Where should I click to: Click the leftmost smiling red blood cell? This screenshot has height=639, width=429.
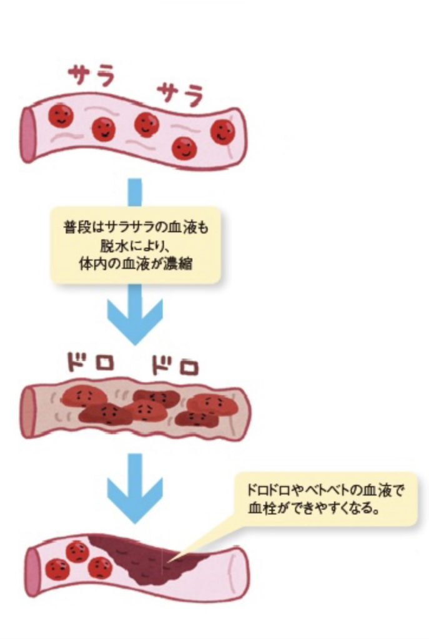61,115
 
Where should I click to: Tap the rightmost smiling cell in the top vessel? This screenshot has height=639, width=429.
222,132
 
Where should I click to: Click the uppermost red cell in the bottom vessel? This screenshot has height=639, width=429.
77,552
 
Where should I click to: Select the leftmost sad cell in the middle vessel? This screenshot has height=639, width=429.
83,396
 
